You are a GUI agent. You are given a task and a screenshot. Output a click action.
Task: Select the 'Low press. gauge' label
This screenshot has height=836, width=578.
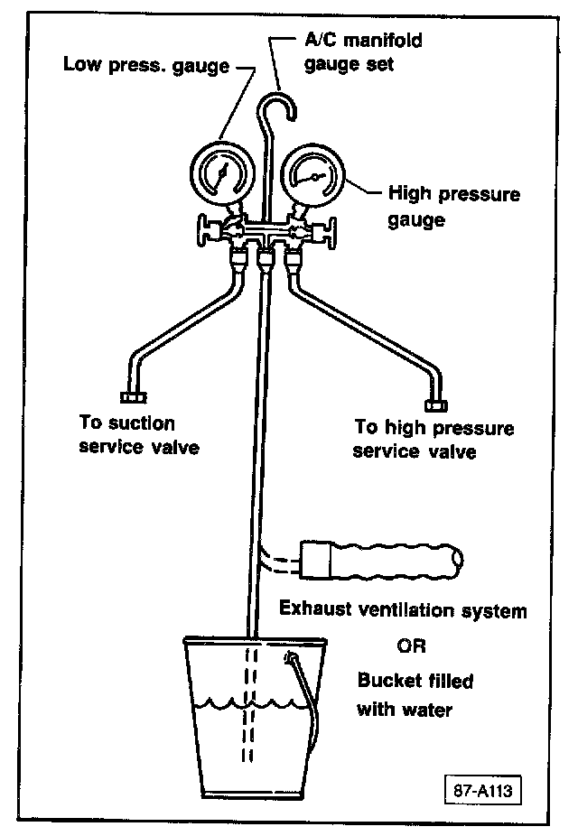[145, 67]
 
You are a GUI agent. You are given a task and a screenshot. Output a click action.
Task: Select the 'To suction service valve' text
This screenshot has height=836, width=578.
[138, 435]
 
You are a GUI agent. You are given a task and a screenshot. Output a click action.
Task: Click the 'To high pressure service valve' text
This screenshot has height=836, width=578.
[433, 439]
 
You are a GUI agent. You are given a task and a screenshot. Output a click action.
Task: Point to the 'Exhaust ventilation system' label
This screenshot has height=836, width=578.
[402, 610]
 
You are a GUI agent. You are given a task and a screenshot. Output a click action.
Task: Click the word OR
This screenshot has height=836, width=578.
[411, 646]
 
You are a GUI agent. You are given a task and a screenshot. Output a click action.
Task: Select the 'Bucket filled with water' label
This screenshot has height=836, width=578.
[415, 694]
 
